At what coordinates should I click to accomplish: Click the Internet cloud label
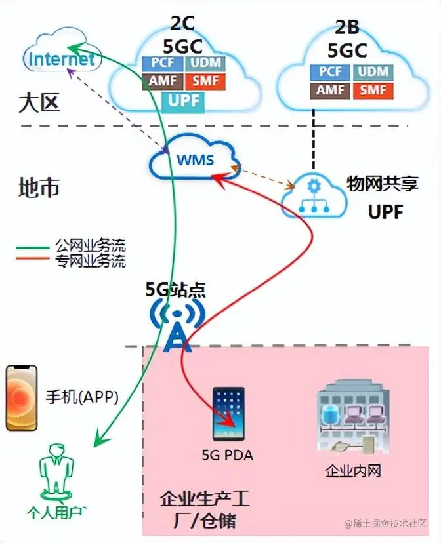62,60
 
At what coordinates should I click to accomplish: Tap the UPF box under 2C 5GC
184,101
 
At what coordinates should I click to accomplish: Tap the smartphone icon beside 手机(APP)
22,397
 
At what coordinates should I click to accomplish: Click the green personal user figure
55,470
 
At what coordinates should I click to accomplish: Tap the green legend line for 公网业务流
35,248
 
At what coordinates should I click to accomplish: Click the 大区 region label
39,103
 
